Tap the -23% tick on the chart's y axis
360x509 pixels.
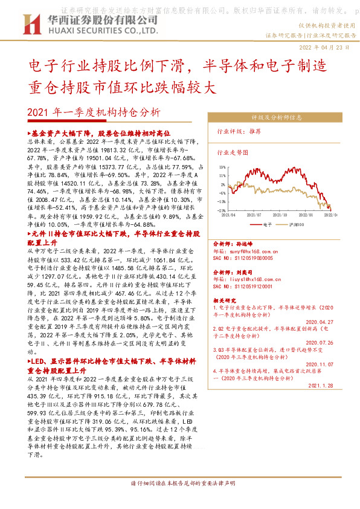coord(222,210)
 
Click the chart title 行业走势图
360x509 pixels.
coord(233,154)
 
